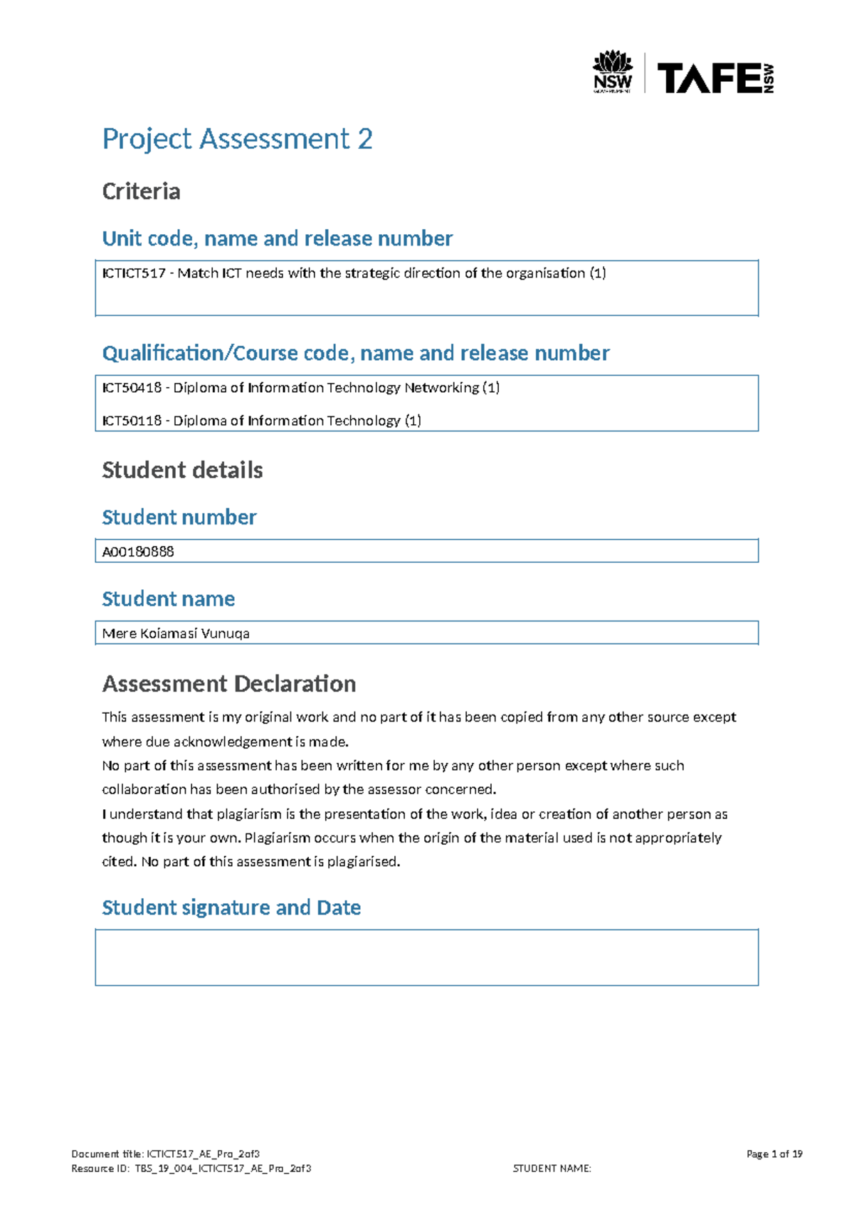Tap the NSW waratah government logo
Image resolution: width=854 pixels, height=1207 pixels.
click(x=612, y=71)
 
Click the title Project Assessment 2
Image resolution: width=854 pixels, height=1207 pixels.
click(x=237, y=139)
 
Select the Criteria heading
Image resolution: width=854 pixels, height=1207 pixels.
click(x=141, y=191)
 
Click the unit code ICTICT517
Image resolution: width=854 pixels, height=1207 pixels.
click(x=134, y=273)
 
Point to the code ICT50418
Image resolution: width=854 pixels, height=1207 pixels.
click(x=132, y=388)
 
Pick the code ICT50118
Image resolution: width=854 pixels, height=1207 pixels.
click(x=132, y=421)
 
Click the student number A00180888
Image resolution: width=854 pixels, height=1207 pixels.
click(x=138, y=552)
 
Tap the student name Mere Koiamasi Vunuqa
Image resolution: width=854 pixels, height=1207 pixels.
click(x=176, y=633)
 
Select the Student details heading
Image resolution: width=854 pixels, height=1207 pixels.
click(x=182, y=470)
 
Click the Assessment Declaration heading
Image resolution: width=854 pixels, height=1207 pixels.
click(x=229, y=684)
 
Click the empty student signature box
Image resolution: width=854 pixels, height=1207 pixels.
click(x=427, y=957)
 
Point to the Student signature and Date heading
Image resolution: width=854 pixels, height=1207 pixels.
click(x=231, y=907)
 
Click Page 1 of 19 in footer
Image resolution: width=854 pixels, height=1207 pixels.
click(x=774, y=1154)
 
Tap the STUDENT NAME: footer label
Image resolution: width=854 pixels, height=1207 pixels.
click(x=552, y=1168)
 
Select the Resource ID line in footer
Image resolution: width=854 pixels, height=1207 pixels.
click(x=191, y=1168)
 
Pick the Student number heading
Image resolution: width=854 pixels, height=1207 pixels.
click(x=179, y=517)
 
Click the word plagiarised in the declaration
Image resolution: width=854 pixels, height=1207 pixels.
click(x=364, y=862)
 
